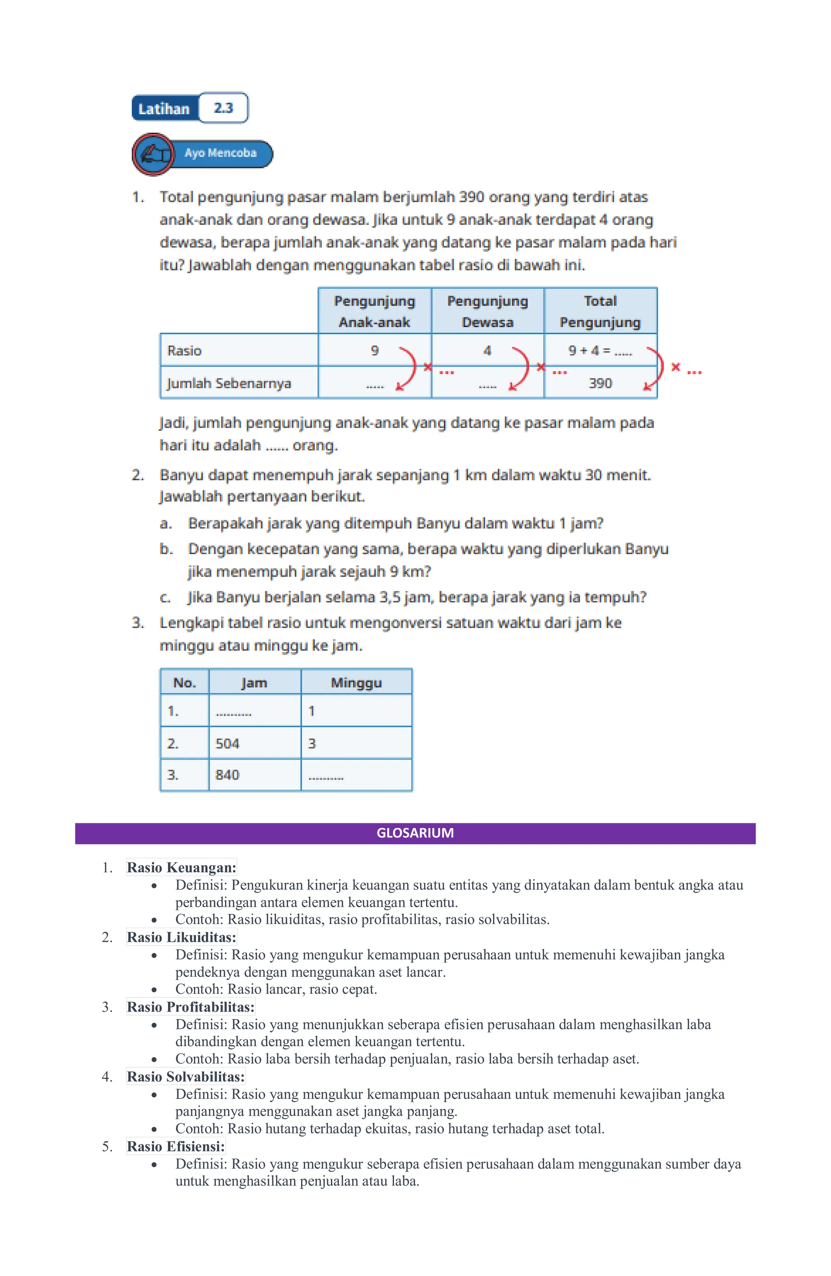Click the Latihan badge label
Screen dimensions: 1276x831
164,109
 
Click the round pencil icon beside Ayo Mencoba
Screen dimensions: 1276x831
153,154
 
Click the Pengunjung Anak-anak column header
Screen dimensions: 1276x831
375,311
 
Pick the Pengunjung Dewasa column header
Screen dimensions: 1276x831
488,311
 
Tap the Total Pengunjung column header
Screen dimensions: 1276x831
600,311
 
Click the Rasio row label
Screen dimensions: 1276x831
184,351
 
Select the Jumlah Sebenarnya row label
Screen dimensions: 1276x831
229,383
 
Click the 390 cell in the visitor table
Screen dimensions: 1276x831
600,383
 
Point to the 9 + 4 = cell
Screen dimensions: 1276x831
600,351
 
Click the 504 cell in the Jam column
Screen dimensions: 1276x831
228,743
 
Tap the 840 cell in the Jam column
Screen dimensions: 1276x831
228,775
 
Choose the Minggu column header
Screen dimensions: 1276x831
356,682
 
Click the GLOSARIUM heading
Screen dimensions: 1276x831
415,833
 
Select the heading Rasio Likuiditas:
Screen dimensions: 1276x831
181,937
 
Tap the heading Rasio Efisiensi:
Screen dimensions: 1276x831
176,1146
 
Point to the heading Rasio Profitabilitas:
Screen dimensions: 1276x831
190,1007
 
